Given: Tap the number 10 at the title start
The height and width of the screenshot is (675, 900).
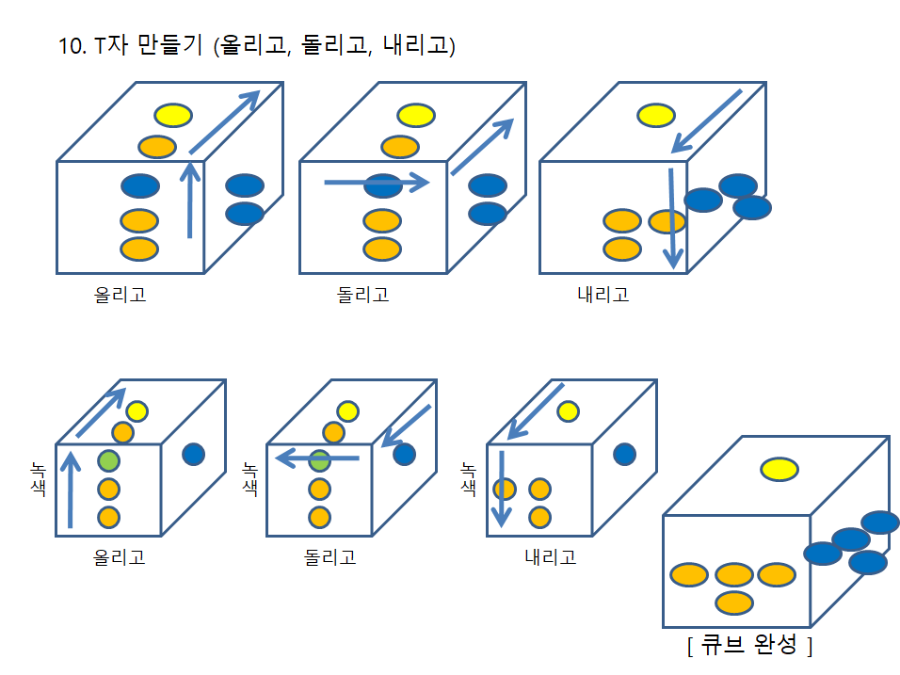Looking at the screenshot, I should coord(70,45).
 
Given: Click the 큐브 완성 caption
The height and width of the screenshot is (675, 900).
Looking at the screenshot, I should coord(749,646).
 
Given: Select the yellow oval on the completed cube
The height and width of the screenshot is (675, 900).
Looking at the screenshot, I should coord(779,468).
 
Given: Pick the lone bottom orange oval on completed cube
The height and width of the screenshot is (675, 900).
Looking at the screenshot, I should coord(734,603).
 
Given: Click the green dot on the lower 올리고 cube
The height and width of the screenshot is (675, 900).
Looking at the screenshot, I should coord(108,461).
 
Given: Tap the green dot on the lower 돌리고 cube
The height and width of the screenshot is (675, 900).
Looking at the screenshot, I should coord(320,461).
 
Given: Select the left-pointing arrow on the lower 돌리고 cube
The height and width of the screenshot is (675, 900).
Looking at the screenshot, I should coord(317,458).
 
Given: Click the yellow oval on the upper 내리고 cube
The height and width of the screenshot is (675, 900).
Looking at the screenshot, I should coord(656,116).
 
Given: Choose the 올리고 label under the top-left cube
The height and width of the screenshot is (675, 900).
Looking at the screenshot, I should coord(120,295).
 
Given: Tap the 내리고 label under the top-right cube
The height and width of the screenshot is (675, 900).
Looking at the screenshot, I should coord(603,295).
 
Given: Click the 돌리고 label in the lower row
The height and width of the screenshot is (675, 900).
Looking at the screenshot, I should coord(329,556).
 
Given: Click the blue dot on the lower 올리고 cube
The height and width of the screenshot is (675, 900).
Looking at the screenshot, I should coord(194,455).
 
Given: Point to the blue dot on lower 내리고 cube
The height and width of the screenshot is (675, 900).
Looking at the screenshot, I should coord(624,455).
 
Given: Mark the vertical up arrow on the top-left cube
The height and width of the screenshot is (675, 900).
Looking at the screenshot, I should coord(190,200).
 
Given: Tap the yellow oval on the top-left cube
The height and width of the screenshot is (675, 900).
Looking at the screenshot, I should coord(174,116).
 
